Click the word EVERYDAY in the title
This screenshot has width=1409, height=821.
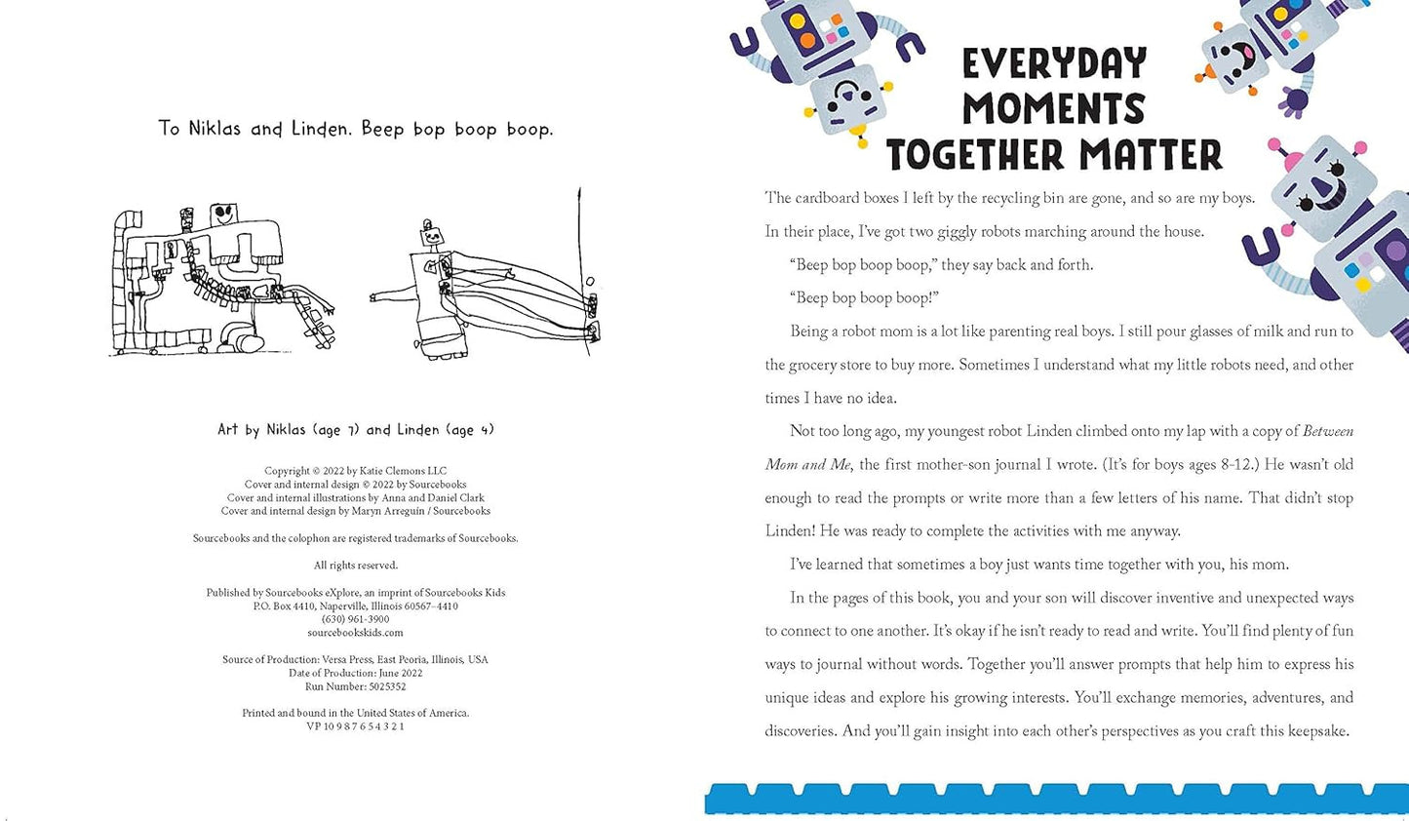pos(1054,64)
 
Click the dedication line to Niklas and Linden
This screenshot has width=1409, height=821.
pos(355,129)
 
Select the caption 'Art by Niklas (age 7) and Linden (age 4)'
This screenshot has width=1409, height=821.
pos(355,430)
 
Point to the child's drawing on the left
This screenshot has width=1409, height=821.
pos(222,280)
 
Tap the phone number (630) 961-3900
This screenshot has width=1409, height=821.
pos(355,619)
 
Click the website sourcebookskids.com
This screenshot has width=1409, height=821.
pos(355,633)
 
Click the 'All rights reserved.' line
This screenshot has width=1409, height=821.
pos(355,566)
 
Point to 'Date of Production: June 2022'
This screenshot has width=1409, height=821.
pos(355,673)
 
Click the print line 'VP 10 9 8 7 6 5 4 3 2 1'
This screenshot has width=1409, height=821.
pos(355,726)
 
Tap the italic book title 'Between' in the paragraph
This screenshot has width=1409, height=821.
pos(1327,431)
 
